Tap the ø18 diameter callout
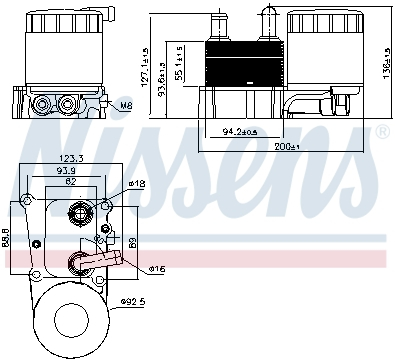[x=138, y=184]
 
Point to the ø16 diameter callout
[x=157, y=269]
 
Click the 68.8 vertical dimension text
[x=7, y=236]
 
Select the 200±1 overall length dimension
[x=287, y=147]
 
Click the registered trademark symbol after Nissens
[x=381, y=132]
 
